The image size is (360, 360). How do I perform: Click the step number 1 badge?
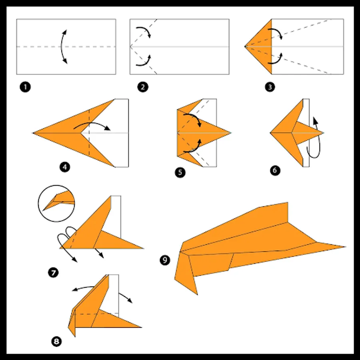point(25,87)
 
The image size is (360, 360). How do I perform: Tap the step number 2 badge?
point(143,87)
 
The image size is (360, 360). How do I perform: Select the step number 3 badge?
point(270,87)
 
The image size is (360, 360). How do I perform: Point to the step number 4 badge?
point(65,167)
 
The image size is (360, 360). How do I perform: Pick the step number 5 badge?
point(180,172)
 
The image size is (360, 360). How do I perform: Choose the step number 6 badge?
point(275,170)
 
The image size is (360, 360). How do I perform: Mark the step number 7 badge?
point(53,273)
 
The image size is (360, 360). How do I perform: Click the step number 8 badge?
point(56,342)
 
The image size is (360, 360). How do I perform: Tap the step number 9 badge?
point(165,260)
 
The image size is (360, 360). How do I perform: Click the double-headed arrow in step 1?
point(61,47)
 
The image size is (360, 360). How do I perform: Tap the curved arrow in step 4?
point(92,123)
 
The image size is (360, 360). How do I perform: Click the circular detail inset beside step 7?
point(56,204)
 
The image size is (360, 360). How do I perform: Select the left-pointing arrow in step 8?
point(83,288)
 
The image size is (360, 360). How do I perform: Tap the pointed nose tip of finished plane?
point(345,247)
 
